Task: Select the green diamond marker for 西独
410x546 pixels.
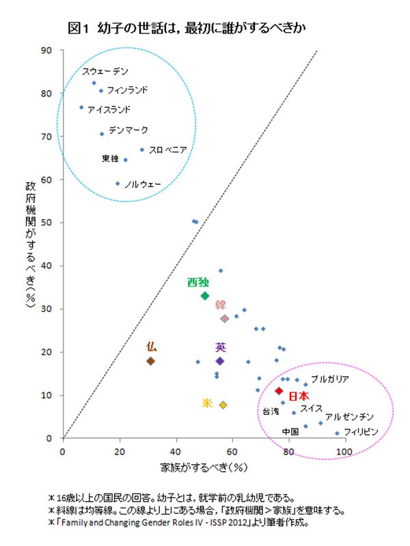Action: (205, 296)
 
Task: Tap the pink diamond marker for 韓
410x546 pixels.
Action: (224, 319)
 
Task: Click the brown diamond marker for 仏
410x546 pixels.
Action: (151, 361)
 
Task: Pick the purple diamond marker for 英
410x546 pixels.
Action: (220, 361)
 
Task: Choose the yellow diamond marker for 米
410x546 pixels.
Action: (223, 405)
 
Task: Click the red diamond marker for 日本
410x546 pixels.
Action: (279, 391)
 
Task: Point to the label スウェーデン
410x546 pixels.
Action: (105, 72)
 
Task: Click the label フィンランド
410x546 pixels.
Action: (127, 90)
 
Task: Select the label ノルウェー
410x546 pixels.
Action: (141, 184)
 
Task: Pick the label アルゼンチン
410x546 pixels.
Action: (349, 416)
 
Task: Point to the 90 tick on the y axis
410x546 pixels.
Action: (48, 50)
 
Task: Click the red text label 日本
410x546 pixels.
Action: (298, 396)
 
